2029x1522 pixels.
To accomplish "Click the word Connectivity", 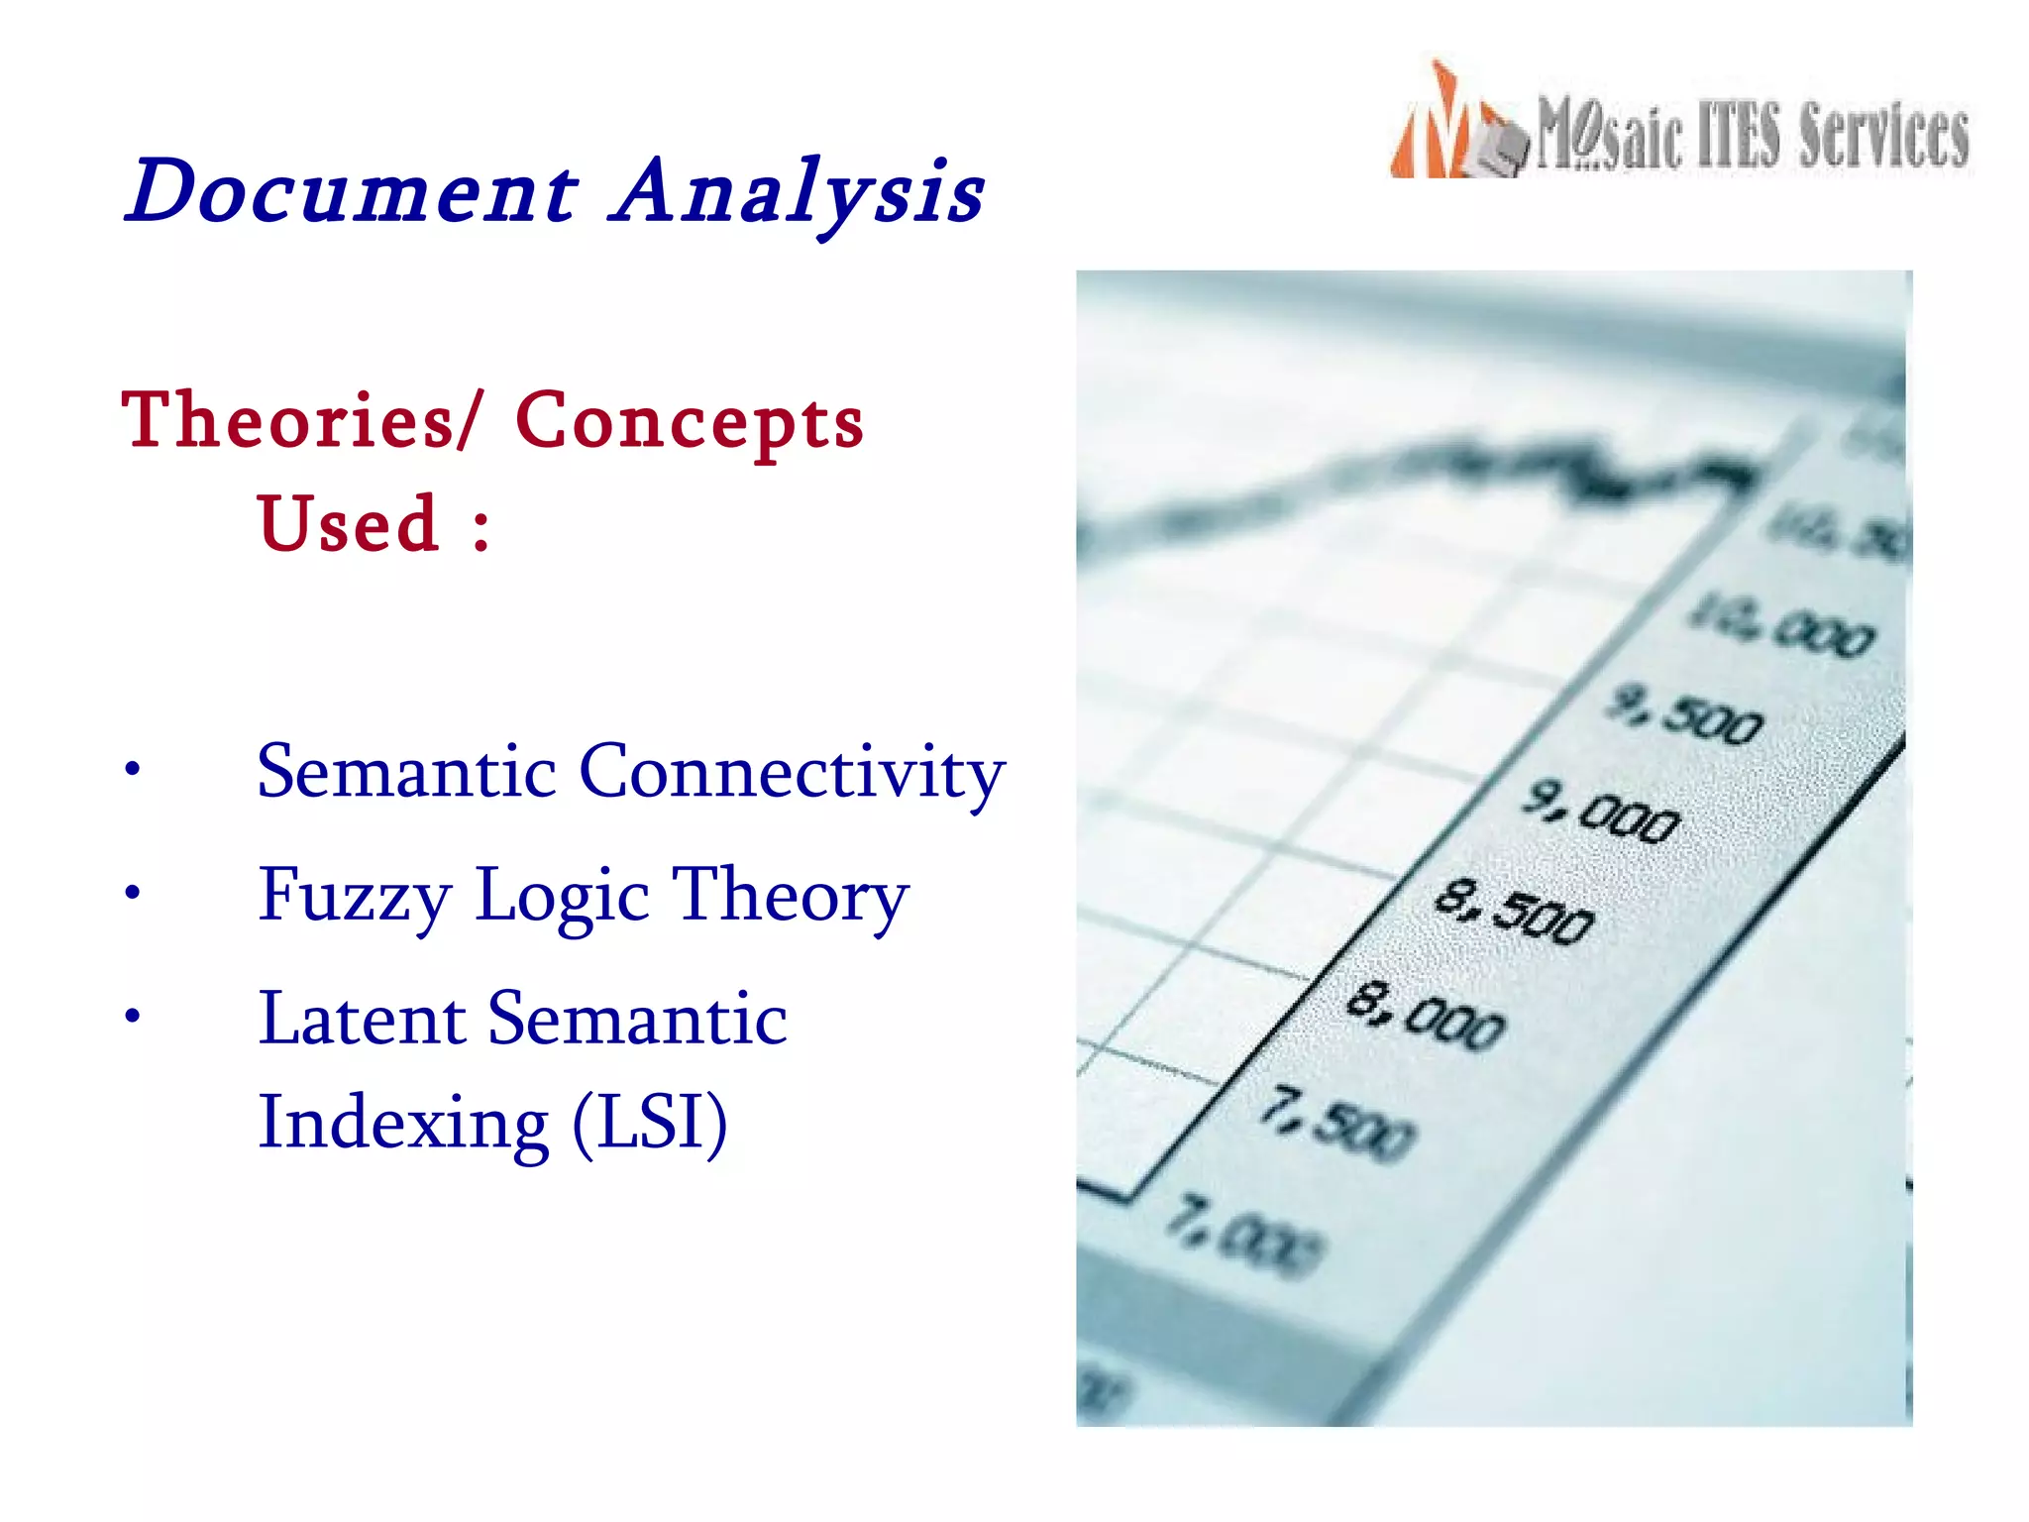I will pyautogui.click(x=792, y=772).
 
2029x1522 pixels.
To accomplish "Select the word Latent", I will pyautogui.click(x=362, y=1020).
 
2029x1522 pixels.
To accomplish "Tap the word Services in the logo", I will pyautogui.click(x=1883, y=137).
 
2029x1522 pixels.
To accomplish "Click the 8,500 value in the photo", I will pyautogui.click(x=1515, y=911).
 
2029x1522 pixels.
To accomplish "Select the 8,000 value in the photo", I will pyautogui.click(x=1427, y=1014).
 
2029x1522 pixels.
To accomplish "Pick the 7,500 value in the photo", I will pyautogui.click(x=1337, y=1123).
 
